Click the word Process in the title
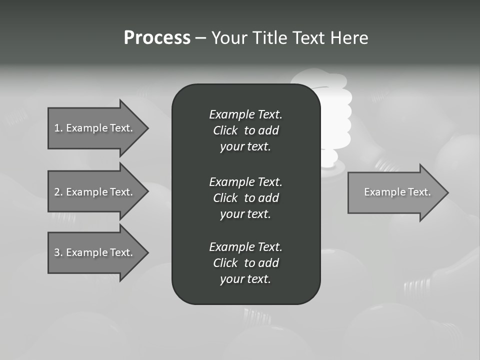157,38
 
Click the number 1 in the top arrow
57,128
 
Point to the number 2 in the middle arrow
57,192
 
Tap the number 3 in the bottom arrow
57,252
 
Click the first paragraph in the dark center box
245,130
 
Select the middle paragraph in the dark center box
245,197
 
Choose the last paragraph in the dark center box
245,263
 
